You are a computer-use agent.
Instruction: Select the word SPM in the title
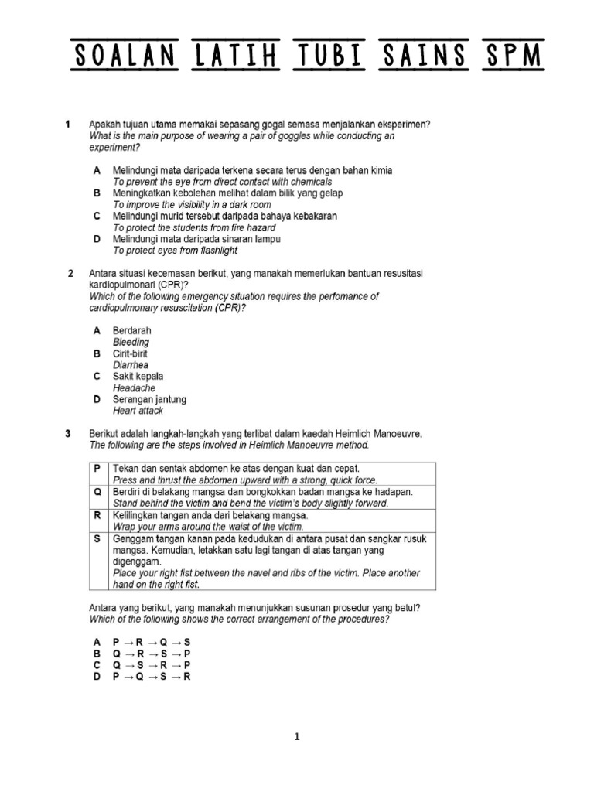tap(511, 56)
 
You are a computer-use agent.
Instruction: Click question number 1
tap(69, 125)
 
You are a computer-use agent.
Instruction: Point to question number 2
tap(70, 274)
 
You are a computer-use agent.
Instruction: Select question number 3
tap(69, 434)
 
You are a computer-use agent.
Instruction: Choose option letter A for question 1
tap(97, 169)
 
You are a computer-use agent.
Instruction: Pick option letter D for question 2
tap(97, 399)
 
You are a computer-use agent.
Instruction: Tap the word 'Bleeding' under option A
tap(131, 342)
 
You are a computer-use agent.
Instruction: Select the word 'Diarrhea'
tap(131, 365)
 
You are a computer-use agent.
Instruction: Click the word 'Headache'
tap(134, 387)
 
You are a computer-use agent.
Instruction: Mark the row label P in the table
tap(97, 469)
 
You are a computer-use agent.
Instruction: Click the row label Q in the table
tap(97, 492)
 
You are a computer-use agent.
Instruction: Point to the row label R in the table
tap(97, 515)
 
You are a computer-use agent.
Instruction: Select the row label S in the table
tap(97, 538)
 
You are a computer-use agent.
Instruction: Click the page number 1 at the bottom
tap(296, 737)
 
